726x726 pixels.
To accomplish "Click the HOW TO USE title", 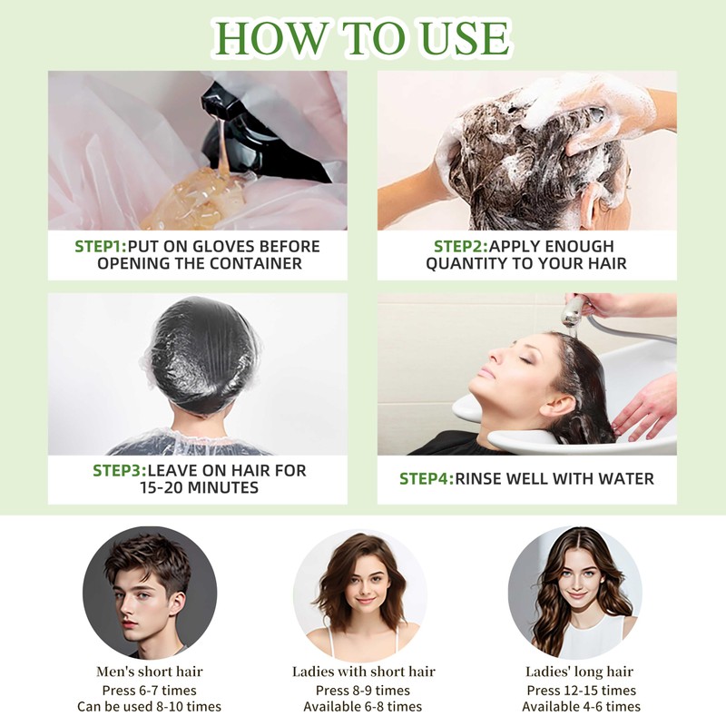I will pos(363,38).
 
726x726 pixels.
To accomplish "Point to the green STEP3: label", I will pos(119,471).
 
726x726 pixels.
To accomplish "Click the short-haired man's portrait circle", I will pos(150,592).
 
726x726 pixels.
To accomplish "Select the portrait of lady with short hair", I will pos(363,592).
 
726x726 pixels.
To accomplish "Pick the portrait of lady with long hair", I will pos(575,592).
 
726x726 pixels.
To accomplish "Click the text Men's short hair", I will pos(150,672).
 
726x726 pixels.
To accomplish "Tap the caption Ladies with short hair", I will pos(363,672).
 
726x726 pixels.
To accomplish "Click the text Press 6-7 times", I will pos(150,690).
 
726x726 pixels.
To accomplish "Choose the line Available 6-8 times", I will pos(363,707).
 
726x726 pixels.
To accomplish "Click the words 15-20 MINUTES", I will pos(198,488).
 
